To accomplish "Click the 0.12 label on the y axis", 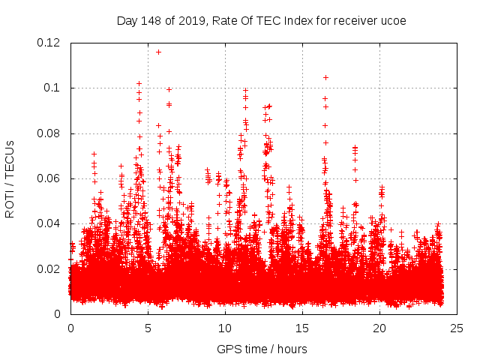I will pyautogui.click(x=50, y=43).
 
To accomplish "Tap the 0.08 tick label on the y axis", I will pyautogui.click(x=50, y=133).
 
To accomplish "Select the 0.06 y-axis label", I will pyautogui.click(x=50, y=178).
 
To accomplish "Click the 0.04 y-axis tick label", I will pyautogui.click(x=50, y=223).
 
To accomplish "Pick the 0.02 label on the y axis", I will pyautogui.click(x=50, y=268).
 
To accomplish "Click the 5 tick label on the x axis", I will pyautogui.click(x=148, y=328).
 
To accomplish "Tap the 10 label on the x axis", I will pyautogui.click(x=225, y=328).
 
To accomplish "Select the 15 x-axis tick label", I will pyautogui.click(x=302, y=328).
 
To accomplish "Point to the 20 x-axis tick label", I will pyautogui.click(x=379, y=328).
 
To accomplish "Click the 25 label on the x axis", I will pyautogui.click(x=457, y=328).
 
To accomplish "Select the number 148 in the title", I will pyautogui.click(x=150, y=20).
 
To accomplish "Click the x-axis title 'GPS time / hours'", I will pyautogui.click(x=262, y=349).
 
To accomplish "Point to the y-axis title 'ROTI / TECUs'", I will pyautogui.click(x=10, y=178).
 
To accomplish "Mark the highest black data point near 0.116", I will pyautogui.click(x=158, y=52).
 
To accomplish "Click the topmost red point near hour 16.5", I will pyautogui.click(x=325, y=77).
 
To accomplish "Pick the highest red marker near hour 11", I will pyautogui.click(x=245, y=91).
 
